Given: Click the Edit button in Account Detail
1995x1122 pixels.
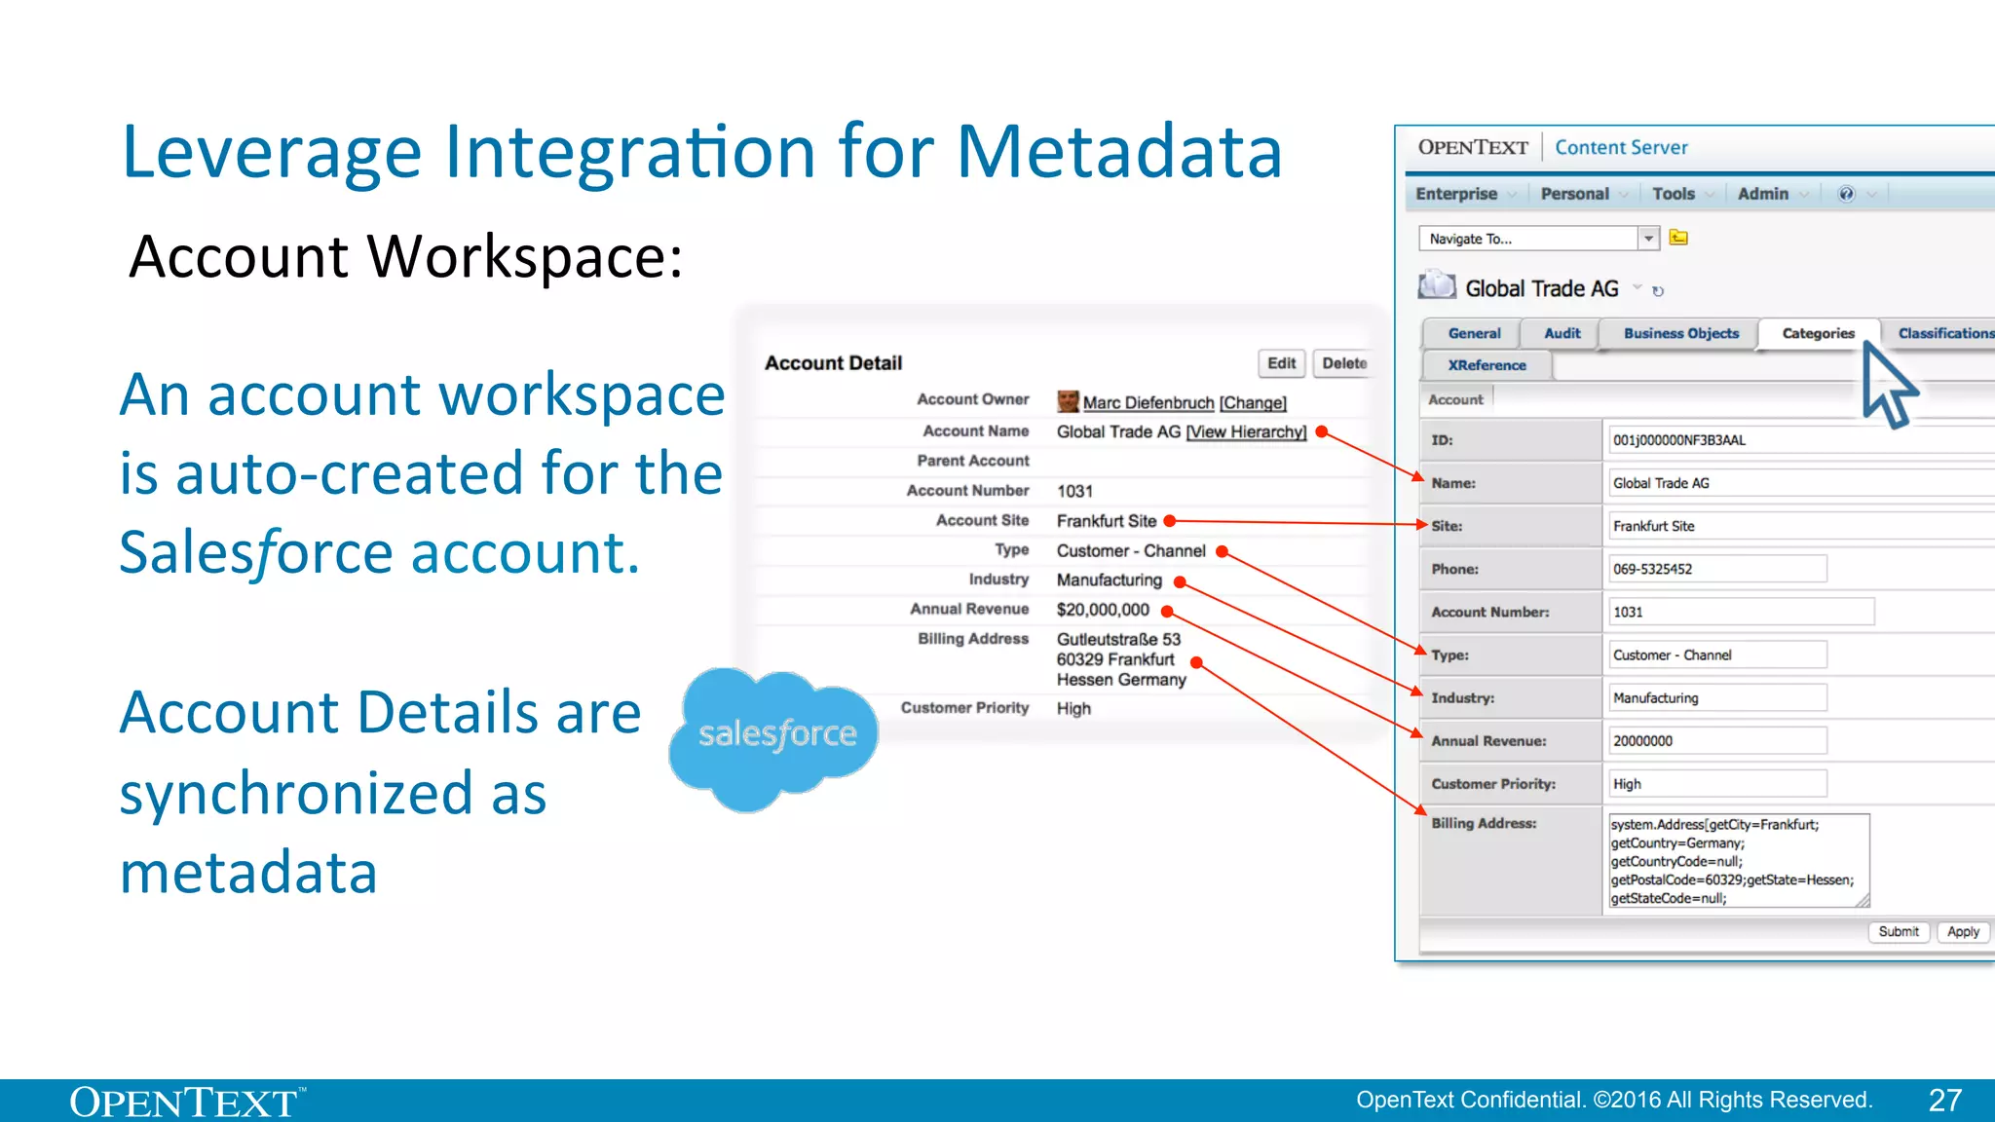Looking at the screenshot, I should pyautogui.click(x=1281, y=363).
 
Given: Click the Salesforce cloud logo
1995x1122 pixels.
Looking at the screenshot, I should pyautogui.click(x=775, y=736).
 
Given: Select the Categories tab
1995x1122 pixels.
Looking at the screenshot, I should pyautogui.click(x=1818, y=333).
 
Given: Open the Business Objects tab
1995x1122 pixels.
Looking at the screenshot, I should pyautogui.click(x=1680, y=333).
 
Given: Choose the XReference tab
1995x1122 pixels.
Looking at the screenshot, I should pyautogui.click(x=1487, y=365).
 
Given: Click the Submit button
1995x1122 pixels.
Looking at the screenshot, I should pyautogui.click(x=1899, y=932).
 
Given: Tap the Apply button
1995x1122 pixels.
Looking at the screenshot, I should pyautogui.click(x=1963, y=932).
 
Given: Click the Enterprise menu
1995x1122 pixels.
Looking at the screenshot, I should pyautogui.click(x=1456, y=194).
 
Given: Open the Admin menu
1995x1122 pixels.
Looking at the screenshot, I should pyautogui.click(x=1763, y=194).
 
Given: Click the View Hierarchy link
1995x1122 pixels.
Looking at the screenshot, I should pyautogui.click(x=1246, y=432).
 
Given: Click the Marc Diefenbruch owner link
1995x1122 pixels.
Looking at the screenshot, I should pyautogui.click(x=1148, y=403).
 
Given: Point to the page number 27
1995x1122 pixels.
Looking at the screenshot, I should pyautogui.click(x=1944, y=1101).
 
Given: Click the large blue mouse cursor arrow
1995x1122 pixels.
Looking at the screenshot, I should pyautogui.click(x=1887, y=385).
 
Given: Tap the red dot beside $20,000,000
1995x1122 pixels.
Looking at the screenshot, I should pyautogui.click(x=1167, y=612).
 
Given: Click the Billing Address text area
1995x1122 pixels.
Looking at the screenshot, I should pyautogui.click(x=1737, y=861).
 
